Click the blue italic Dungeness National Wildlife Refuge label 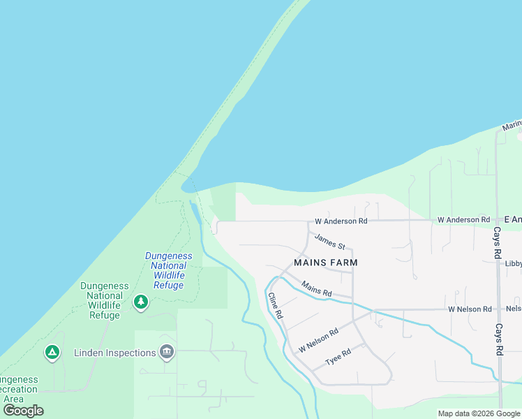click(x=169, y=270)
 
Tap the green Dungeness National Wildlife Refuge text click(x=105, y=300)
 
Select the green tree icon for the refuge click(x=141, y=302)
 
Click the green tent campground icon click(x=52, y=353)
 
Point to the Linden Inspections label click(x=115, y=353)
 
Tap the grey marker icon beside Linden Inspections click(x=166, y=351)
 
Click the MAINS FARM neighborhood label click(x=326, y=263)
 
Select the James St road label click(x=329, y=242)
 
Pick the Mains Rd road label click(x=316, y=287)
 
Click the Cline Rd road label click(x=275, y=305)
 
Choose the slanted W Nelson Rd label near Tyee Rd click(x=318, y=339)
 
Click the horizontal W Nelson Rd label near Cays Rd click(x=470, y=309)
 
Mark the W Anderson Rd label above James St click(x=341, y=221)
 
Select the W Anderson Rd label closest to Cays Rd click(x=464, y=220)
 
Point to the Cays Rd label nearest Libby click(x=498, y=242)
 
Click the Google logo click(x=23, y=411)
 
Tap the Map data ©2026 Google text click(x=479, y=413)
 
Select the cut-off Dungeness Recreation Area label click(x=19, y=388)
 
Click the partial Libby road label click(x=514, y=263)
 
